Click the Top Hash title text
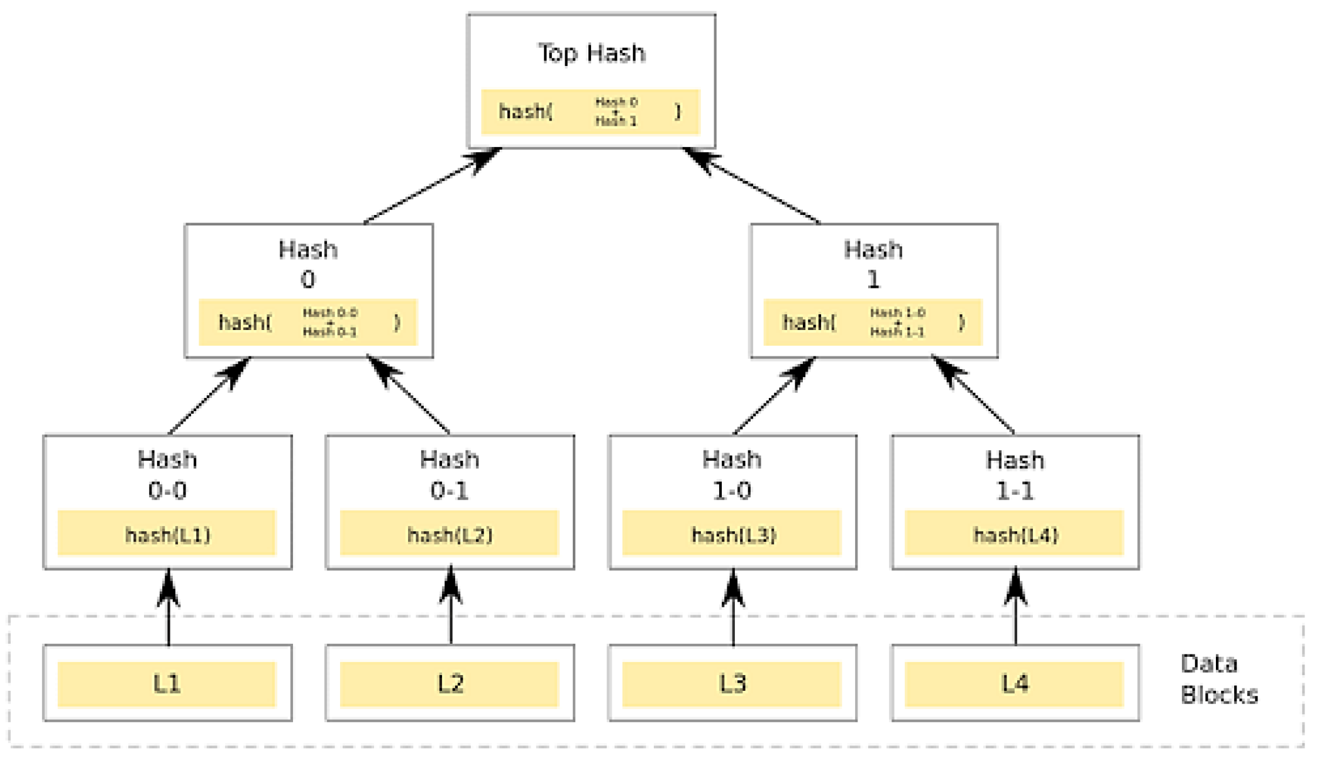tap(591, 53)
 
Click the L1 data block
tap(167, 684)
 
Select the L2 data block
tap(450, 684)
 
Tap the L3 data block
tap(732, 684)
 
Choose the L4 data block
tap(1015, 684)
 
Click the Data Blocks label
tap(1218, 680)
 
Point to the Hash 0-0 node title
tap(167, 475)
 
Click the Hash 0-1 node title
tap(450, 475)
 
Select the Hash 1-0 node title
tap(732, 475)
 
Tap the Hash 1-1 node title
tap(1015, 475)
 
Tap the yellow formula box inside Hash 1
tap(873, 322)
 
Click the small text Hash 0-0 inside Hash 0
tap(329, 312)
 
